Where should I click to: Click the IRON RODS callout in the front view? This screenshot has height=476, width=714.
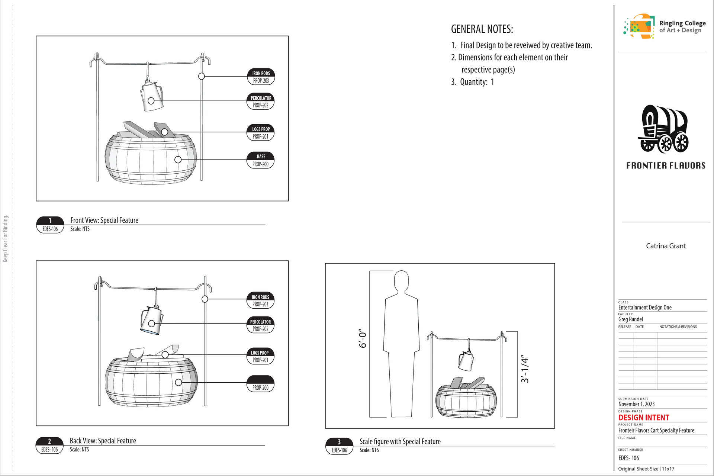tap(261, 77)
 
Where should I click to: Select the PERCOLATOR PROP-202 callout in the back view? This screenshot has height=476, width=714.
tap(260, 325)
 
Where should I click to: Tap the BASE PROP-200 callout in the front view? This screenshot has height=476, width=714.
tap(261, 160)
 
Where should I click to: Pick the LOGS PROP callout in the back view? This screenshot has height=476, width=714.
tap(260, 356)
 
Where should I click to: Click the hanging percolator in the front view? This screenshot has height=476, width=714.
tap(152, 96)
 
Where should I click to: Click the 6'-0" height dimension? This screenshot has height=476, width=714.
tap(363, 338)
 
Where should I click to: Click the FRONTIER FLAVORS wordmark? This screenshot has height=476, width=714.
tap(666, 165)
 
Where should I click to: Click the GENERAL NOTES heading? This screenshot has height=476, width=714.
tap(482, 29)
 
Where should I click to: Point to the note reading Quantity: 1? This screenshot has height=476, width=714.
tap(473, 82)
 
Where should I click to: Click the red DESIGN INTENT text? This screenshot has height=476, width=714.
tap(643, 418)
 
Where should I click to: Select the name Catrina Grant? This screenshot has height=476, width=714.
tap(666, 246)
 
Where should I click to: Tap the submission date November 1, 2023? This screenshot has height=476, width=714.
tap(636, 404)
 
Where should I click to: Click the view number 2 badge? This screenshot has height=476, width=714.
tap(49, 445)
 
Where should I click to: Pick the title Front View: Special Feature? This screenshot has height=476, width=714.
tap(104, 220)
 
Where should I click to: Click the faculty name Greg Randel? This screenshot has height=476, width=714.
tap(630, 319)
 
